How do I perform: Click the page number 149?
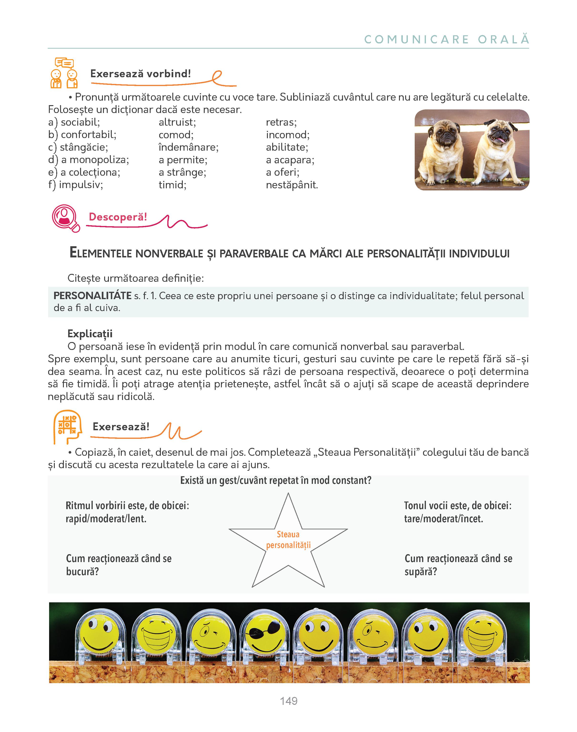(288, 701)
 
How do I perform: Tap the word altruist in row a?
(177, 122)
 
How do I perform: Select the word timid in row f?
(172, 185)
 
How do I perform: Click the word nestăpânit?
(292, 185)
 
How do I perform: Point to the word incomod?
(287, 135)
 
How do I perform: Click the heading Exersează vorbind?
(141, 74)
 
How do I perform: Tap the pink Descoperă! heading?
(118, 217)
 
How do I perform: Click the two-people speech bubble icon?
(64, 73)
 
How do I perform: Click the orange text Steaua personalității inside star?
(288, 540)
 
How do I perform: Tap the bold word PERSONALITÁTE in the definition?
(92, 296)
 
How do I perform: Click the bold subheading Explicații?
(90, 334)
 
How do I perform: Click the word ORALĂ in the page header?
(503, 40)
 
